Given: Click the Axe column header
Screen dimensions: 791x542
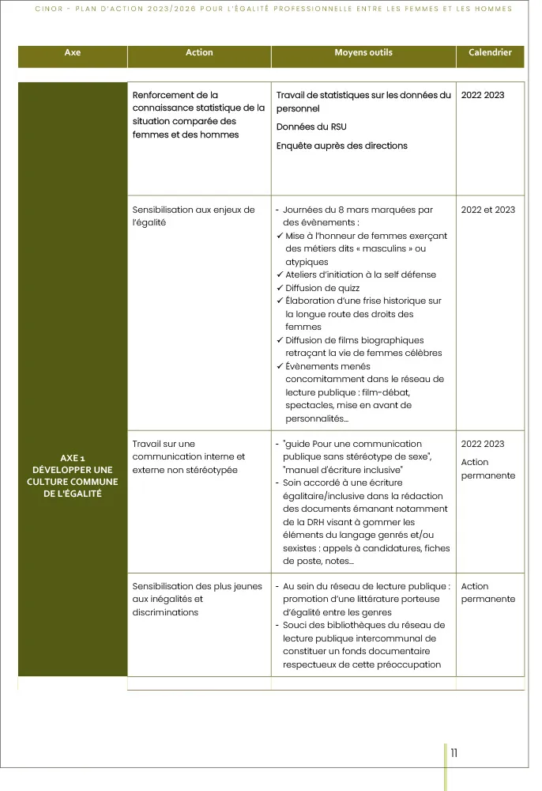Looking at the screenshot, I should [x=73, y=53].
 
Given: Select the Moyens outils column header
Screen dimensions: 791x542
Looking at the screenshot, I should [x=363, y=53].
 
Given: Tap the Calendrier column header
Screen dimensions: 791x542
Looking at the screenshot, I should [x=490, y=53].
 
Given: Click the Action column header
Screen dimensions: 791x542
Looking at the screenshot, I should [x=199, y=53].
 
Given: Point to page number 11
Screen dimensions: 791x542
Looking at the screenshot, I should [x=454, y=753].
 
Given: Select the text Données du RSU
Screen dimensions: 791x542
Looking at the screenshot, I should [x=311, y=127].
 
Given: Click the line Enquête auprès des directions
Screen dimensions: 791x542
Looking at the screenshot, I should [x=341, y=146].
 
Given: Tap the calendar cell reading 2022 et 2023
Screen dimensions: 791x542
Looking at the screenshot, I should [x=487, y=210].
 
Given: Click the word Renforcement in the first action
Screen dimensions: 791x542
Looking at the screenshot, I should [x=164, y=95].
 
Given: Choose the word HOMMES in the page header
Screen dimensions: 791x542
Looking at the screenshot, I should [x=491, y=9].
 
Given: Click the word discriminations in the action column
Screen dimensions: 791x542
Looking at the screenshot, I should [x=165, y=612].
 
